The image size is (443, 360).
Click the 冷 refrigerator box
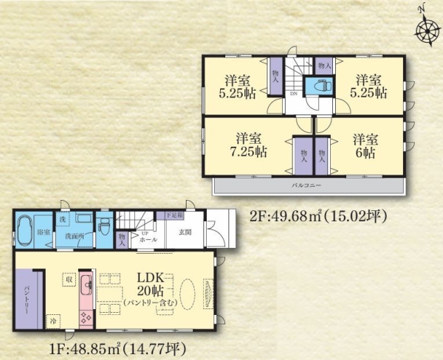(53, 322)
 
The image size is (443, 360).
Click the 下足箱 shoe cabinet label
(172, 215)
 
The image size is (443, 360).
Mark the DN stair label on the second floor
(293, 94)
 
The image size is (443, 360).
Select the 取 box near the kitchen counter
(69, 280)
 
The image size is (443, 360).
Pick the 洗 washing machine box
(62, 219)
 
